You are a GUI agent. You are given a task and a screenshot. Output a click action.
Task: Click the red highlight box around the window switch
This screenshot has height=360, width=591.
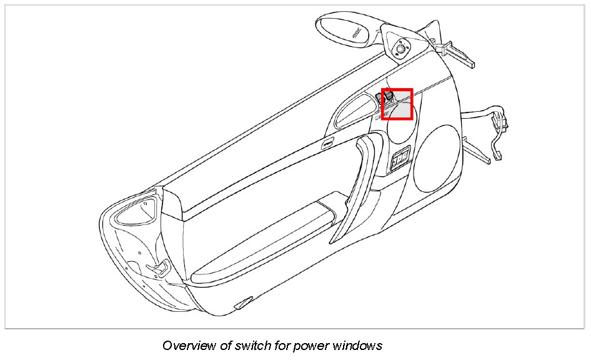click(397, 104)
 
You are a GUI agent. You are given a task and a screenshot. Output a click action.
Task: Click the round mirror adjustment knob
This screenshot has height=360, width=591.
click(400, 47)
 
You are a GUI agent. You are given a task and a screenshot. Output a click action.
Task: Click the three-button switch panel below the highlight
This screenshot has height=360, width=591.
click(400, 159)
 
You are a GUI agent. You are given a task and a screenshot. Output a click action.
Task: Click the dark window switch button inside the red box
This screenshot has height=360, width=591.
click(388, 95)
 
